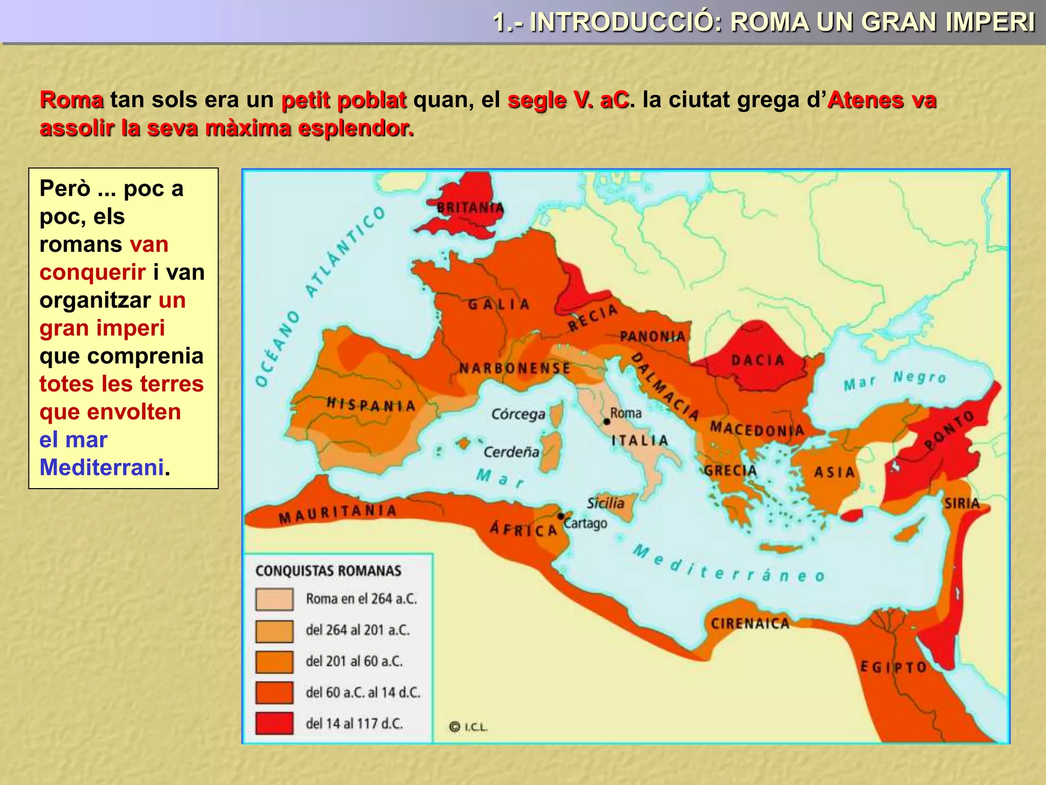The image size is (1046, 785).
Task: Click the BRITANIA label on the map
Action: click(470, 208)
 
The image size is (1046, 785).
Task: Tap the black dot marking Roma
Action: click(607, 422)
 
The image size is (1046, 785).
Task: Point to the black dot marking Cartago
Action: click(561, 516)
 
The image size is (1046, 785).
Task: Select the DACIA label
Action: click(757, 360)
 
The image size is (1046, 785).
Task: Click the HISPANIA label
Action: click(371, 405)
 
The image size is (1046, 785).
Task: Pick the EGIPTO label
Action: click(893, 667)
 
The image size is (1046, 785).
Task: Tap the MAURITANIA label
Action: click(338, 514)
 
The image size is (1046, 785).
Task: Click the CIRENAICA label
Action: click(750, 624)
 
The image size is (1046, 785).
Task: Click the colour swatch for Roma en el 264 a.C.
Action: click(274, 599)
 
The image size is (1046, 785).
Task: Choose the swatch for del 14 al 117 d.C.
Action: click(274, 723)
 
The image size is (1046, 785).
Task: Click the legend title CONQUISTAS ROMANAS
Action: click(328, 571)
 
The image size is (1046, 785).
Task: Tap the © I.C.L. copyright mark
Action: click(468, 727)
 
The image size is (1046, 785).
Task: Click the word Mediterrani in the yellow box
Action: click(102, 467)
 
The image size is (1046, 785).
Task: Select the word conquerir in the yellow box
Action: click(92, 272)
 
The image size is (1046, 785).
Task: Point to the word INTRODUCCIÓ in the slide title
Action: click(626, 22)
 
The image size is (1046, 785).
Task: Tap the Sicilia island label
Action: click(605, 503)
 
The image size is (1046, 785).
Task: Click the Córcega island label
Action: click(518, 414)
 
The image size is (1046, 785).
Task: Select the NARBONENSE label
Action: click(514, 368)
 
